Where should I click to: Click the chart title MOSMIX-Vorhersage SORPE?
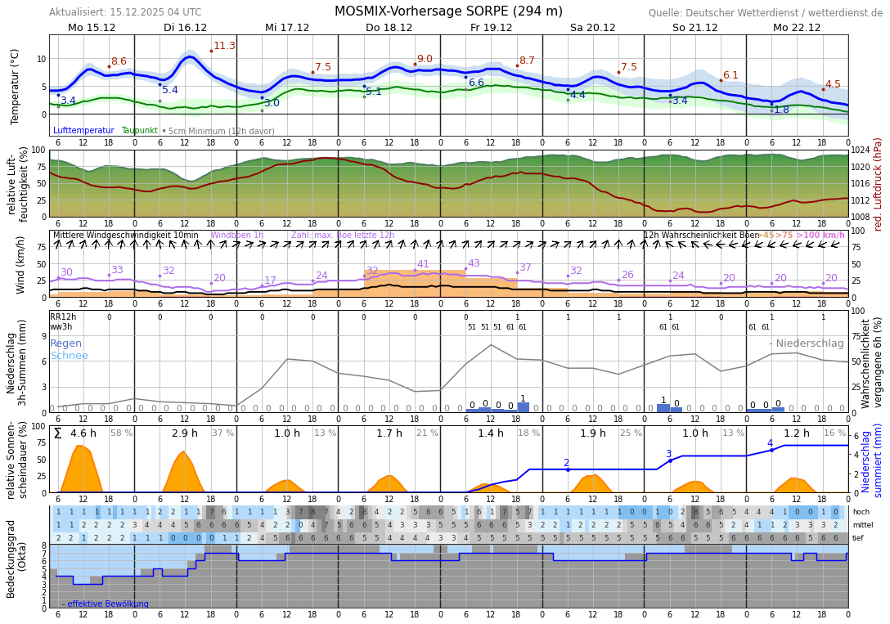click(448, 11)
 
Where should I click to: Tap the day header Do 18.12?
click(389, 28)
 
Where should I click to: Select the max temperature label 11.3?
click(224, 46)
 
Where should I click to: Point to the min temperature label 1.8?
click(781, 110)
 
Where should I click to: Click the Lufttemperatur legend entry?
click(83, 131)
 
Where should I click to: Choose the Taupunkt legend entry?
click(139, 131)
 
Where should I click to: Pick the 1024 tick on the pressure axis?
click(861, 150)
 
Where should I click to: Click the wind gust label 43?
click(474, 263)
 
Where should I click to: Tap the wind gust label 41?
click(423, 264)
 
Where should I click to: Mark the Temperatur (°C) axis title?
click(15, 86)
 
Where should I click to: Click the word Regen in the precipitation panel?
click(65, 343)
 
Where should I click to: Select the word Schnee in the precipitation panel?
click(69, 356)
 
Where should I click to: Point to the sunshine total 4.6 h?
click(83, 433)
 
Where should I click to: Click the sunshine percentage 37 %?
click(222, 433)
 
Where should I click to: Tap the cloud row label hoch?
click(861, 512)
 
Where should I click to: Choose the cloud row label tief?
click(858, 538)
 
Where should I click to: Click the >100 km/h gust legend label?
click(820, 236)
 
